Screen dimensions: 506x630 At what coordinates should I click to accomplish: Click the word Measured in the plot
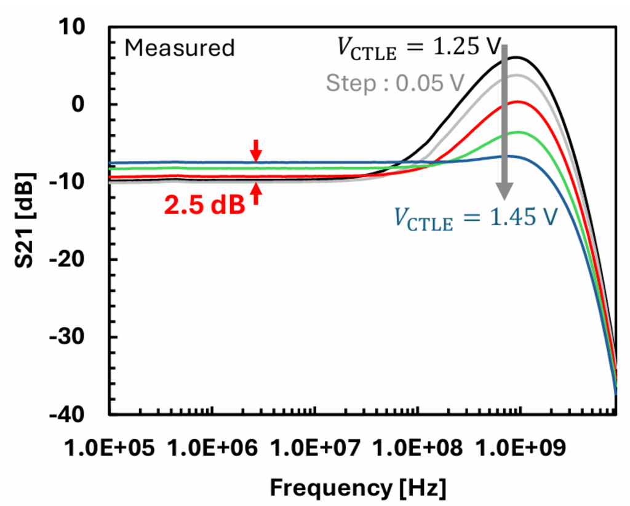point(180,48)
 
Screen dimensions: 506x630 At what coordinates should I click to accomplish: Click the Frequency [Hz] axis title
point(358,488)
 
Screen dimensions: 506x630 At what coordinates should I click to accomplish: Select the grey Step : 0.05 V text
point(393,83)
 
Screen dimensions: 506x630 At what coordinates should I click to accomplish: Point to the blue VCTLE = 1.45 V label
point(475,219)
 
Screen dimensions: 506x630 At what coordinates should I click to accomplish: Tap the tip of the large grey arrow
point(504,198)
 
